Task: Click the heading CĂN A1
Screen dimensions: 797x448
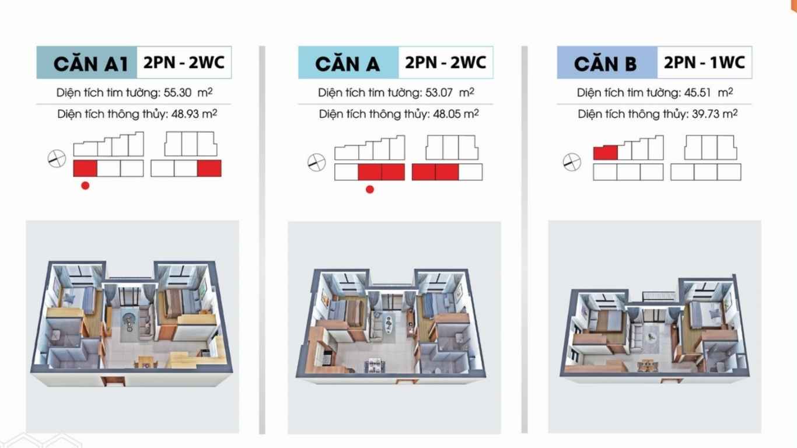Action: click(90, 64)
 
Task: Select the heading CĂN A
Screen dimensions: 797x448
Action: click(347, 64)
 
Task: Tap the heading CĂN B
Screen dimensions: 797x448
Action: click(605, 64)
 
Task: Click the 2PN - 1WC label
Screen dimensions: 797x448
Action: click(704, 62)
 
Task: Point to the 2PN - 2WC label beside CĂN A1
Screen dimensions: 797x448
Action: click(184, 62)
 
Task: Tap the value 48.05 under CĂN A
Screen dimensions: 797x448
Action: click(447, 114)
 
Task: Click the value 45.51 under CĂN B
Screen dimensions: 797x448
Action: click(698, 93)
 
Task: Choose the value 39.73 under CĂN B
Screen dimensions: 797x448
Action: click(705, 114)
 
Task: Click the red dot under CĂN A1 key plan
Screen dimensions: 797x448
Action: click(85, 185)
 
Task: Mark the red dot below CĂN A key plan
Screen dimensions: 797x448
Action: click(370, 190)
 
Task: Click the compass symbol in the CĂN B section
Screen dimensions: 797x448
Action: click(572, 162)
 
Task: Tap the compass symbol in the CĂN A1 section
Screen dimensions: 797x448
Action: click(57, 159)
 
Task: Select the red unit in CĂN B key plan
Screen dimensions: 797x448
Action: click(605, 153)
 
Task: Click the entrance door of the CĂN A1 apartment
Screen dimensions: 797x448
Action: click(113, 381)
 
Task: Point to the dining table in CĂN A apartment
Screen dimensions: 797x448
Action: click(375, 365)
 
